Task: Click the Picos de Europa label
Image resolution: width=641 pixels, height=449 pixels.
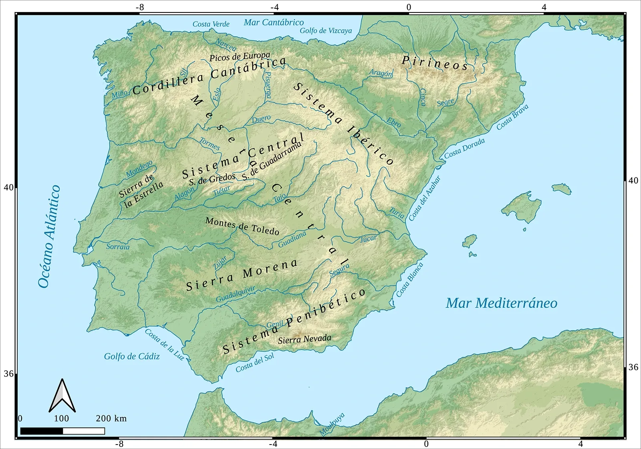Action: [240, 56]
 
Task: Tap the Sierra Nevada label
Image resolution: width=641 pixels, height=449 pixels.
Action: [304, 339]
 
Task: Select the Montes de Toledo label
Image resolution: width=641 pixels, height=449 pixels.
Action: [242, 226]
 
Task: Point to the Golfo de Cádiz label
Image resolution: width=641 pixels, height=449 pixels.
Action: [132, 356]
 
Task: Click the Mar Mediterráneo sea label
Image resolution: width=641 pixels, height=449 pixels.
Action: [501, 303]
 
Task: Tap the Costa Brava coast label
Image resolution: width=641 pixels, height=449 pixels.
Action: [512, 117]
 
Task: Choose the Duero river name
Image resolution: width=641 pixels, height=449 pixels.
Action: [261, 119]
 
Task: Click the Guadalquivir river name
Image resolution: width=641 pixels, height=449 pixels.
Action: [236, 294]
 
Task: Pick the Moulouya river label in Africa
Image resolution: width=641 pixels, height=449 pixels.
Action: [332, 424]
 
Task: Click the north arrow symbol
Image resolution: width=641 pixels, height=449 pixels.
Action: [62, 396]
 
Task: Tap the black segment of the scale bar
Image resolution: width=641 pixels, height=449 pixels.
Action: [41, 431]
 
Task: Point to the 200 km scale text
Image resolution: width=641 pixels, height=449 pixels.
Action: [111, 419]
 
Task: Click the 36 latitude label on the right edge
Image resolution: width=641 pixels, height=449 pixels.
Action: [633, 367]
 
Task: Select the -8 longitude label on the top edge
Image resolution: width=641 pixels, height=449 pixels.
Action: [139, 7]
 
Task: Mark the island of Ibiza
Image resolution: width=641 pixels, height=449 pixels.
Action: [470, 241]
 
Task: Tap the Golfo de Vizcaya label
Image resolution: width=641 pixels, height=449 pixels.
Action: [326, 30]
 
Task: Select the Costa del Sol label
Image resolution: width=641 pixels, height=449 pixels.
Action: [255, 363]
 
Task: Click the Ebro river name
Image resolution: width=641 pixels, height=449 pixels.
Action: [393, 122]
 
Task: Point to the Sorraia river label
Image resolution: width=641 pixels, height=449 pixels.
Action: [118, 247]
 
